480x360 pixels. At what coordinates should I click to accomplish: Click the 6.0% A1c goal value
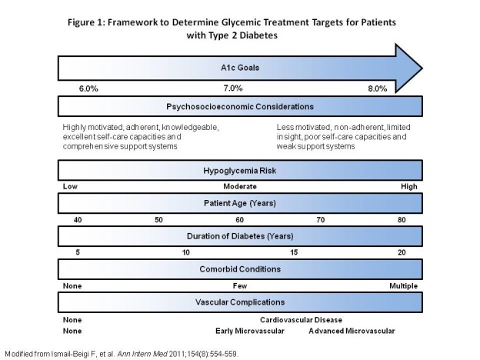(88, 88)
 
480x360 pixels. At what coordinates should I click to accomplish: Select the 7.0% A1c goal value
(233, 88)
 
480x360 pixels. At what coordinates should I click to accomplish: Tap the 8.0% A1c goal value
(378, 88)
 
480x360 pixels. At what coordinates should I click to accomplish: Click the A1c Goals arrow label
(240, 68)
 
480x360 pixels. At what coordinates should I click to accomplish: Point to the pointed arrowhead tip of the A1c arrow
(422, 68)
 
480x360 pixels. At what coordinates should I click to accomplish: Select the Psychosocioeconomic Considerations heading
(240, 106)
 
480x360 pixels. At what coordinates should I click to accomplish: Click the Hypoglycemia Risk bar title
(240, 171)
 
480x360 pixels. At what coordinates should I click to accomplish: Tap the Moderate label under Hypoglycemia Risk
(240, 186)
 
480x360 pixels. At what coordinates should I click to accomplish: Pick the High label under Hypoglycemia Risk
(409, 186)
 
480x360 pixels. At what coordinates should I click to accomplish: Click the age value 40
(78, 220)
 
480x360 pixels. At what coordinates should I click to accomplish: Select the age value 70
(321, 220)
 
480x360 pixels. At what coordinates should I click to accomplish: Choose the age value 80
(402, 220)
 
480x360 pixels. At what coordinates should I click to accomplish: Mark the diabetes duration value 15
(294, 252)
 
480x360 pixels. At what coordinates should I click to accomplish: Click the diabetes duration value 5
(78, 252)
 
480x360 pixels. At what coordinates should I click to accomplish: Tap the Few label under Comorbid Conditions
(240, 286)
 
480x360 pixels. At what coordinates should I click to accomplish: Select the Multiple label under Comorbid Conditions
(404, 286)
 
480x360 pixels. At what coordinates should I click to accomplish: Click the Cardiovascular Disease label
(302, 320)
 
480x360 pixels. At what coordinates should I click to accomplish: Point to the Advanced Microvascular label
(352, 331)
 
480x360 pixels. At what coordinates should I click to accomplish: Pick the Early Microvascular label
(250, 331)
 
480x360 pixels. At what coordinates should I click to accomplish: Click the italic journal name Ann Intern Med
(142, 354)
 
